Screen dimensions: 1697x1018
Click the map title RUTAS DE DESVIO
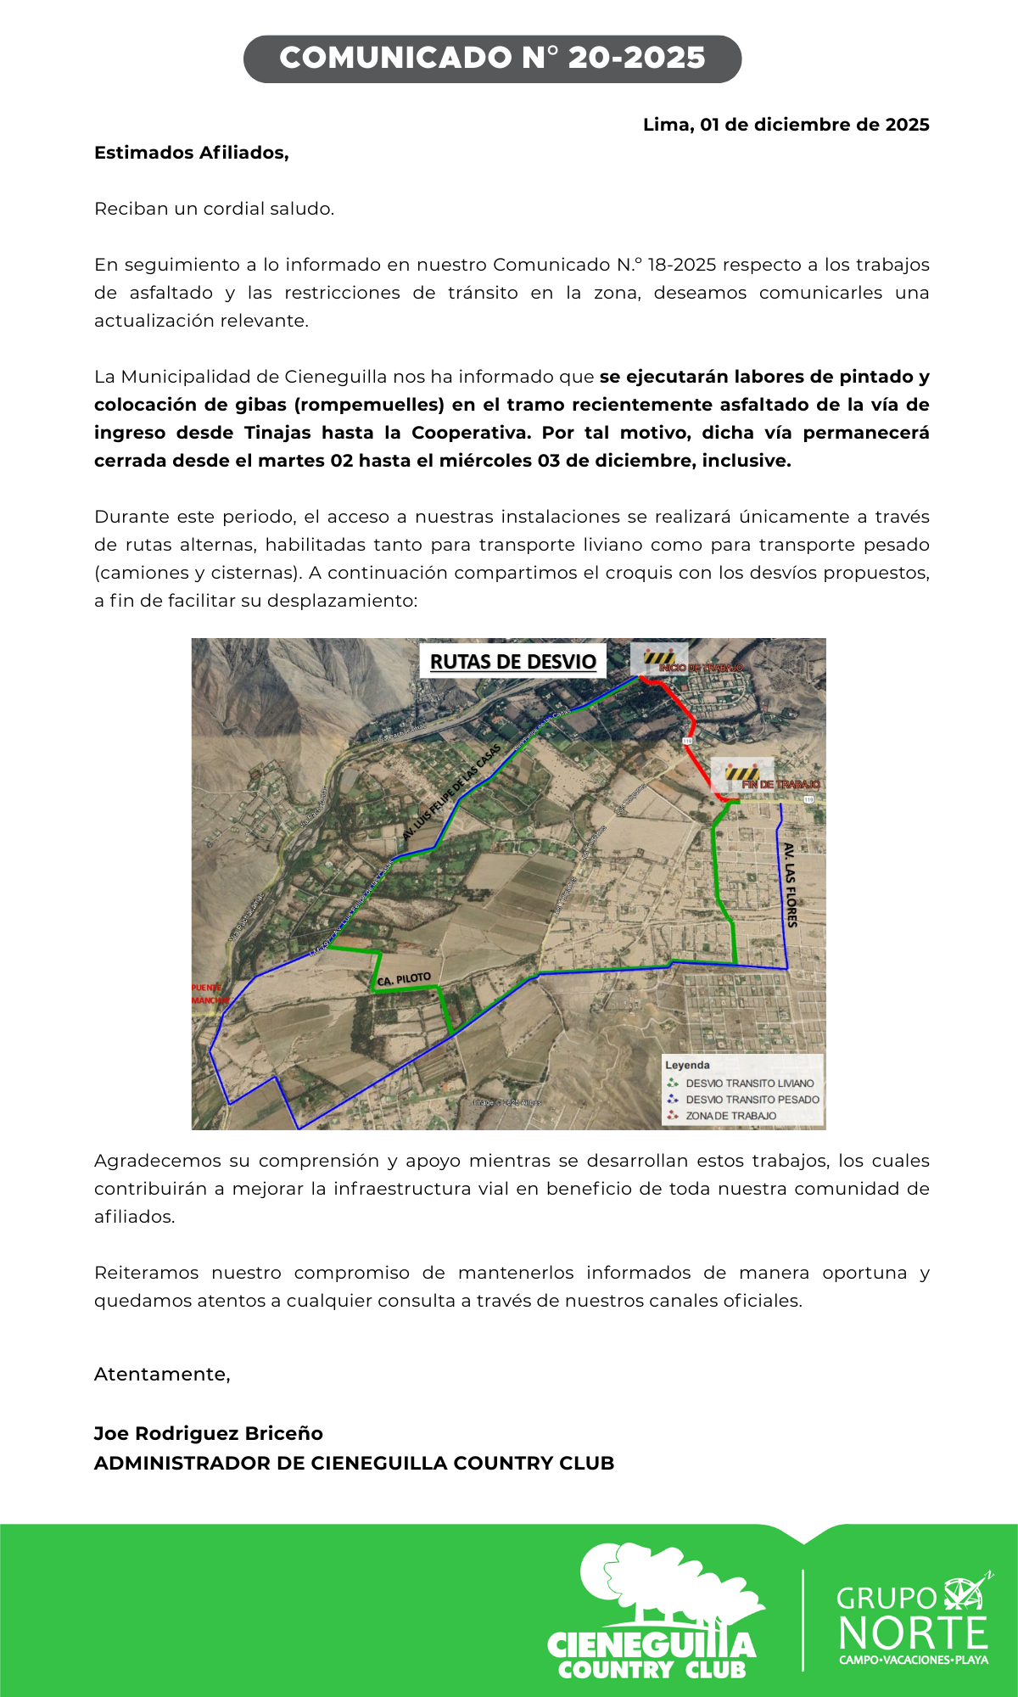(x=513, y=662)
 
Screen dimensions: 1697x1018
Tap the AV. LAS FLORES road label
(x=791, y=885)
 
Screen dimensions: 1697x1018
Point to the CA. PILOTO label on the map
(x=404, y=979)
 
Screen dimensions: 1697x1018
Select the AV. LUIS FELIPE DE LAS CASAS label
(x=452, y=793)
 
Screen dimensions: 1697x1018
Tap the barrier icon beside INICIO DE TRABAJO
(x=658, y=658)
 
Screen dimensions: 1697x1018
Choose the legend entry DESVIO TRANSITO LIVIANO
(x=749, y=1084)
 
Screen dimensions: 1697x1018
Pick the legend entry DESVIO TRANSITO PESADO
(x=752, y=1100)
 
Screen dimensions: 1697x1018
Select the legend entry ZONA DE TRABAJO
(x=730, y=1116)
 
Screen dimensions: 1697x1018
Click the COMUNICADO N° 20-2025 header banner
(x=492, y=59)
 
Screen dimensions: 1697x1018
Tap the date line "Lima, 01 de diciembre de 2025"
(x=786, y=125)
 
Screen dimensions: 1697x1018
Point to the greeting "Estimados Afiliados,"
(x=192, y=153)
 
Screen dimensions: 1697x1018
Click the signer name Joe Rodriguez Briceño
(x=209, y=1433)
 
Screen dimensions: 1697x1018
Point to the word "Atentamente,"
(x=162, y=1374)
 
